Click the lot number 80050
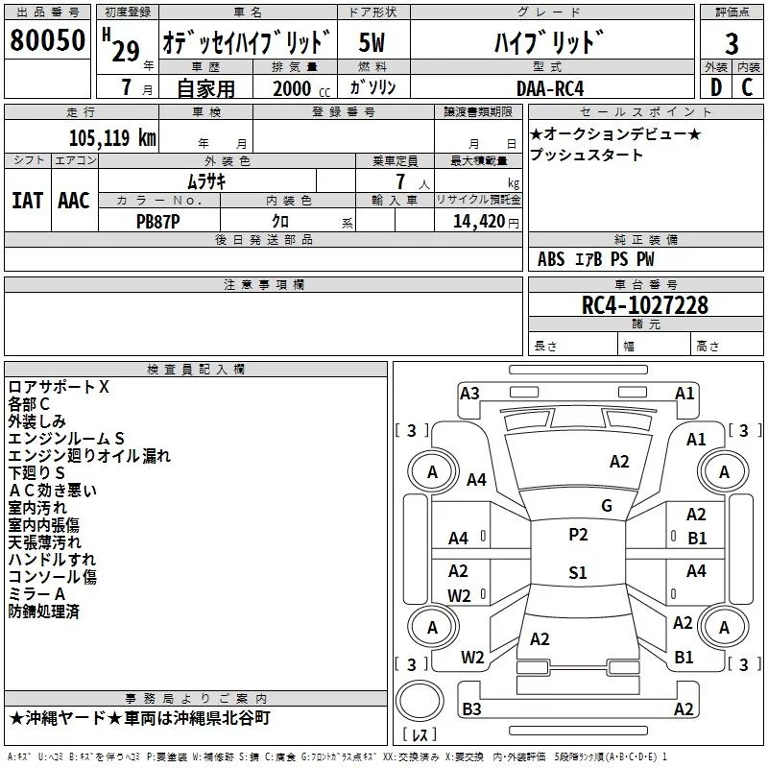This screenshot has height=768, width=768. coord(47,40)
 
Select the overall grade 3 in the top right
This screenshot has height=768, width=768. coord(732,43)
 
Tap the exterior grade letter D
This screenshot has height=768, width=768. coord(716,87)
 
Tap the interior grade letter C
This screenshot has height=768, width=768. coord(747,87)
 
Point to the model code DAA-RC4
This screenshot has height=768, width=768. coord(550,88)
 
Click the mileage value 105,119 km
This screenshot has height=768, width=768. coord(112,137)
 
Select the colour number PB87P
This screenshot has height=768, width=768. coord(157,222)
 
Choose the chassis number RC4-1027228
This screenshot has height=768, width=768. coord(644,305)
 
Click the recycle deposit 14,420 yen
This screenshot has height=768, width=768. coord(486,222)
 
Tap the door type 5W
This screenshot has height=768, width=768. coord(372,42)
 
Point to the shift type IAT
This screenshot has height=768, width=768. coord(28,201)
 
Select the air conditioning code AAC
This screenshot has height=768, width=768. coord(74,201)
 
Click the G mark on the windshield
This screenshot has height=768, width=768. coord(607,506)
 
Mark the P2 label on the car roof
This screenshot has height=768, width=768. coord(578,535)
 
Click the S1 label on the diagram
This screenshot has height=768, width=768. coord(578,572)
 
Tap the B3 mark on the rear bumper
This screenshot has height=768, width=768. coord(471,708)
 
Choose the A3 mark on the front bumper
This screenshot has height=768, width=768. coord(469,394)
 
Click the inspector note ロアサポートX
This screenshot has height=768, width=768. coord(59,387)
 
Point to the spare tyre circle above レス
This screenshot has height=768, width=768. coord(420,701)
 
